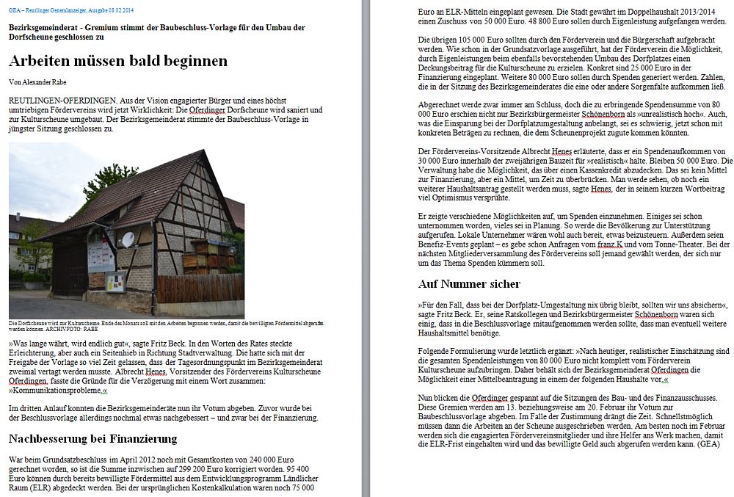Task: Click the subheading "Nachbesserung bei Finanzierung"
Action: coord(93,439)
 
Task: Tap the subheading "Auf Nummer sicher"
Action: coord(469,283)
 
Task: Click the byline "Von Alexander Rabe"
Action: coord(40,81)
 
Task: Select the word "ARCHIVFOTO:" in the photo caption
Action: coord(65,330)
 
